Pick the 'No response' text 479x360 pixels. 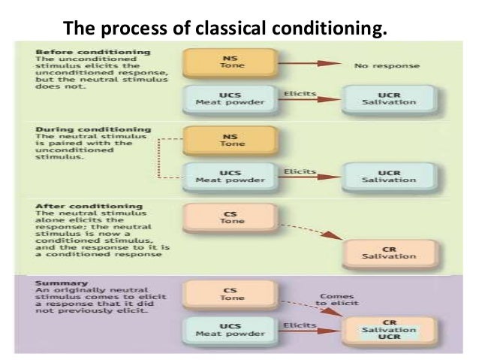[387, 65]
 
